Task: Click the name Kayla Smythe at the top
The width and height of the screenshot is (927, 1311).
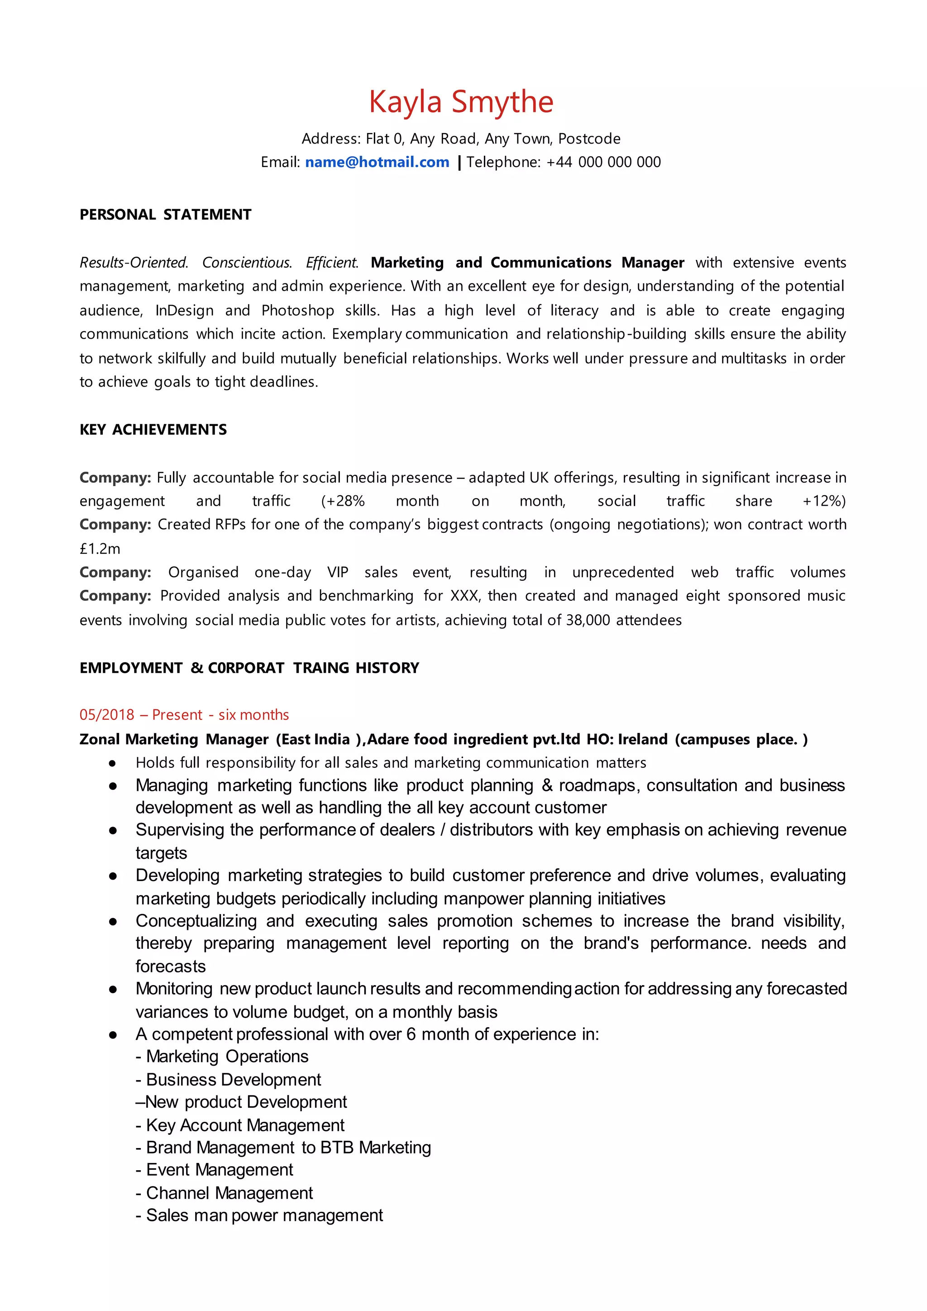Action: (x=461, y=103)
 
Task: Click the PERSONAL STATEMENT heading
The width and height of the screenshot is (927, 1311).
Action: (x=166, y=215)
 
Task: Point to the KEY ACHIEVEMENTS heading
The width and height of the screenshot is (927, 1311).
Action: (x=153, y=430)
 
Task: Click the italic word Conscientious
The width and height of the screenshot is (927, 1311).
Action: (x=247, y=263)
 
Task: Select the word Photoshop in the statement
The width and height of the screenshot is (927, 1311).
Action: (x=297, y=311)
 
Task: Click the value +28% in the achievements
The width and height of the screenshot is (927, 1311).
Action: (x=343, y=501)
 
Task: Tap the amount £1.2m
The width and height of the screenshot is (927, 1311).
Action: (x=100, y=549)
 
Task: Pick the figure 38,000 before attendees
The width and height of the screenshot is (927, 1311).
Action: (x=588, y=620)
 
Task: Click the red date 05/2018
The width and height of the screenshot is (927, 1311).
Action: (x=107, y=715)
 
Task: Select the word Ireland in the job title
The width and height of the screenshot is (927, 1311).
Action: (x=642, y=739)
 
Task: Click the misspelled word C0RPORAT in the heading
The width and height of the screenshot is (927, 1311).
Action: (x=246, y=668)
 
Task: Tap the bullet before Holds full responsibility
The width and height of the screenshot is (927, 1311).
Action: (x=113, y=763)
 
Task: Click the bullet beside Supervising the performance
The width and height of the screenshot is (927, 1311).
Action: (x=113, y=831)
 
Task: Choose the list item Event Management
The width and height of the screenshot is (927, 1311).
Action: (x=220, y=1170)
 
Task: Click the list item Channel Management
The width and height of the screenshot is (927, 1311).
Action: (x=229, y=1193)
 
